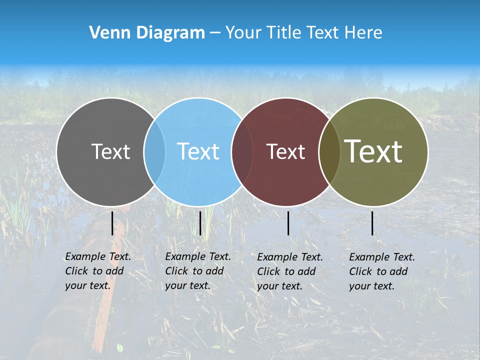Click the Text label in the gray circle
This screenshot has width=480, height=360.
click(x=110, y=151)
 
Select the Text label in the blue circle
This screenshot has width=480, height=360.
click(x=198, y=151)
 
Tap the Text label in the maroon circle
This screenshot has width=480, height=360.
click(x=285, y=151)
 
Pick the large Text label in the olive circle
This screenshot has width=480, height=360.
click(x=373, y=151)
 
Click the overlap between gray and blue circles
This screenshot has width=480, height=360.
click(x=154, y=151)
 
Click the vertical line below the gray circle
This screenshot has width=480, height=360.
click(x=112, y=223)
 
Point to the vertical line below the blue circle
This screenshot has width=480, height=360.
click(x=200, y=223)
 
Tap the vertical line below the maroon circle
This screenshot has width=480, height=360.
click(x=288, y=223)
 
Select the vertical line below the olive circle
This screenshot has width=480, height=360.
click(x=372, y=223)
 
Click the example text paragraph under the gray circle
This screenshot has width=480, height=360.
click(x=97, y=271)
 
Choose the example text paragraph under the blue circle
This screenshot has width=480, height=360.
click(x=197, y=271)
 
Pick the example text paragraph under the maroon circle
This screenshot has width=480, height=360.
click(x=289, y=271)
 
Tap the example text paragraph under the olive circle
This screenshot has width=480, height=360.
click(x=381, y=271)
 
